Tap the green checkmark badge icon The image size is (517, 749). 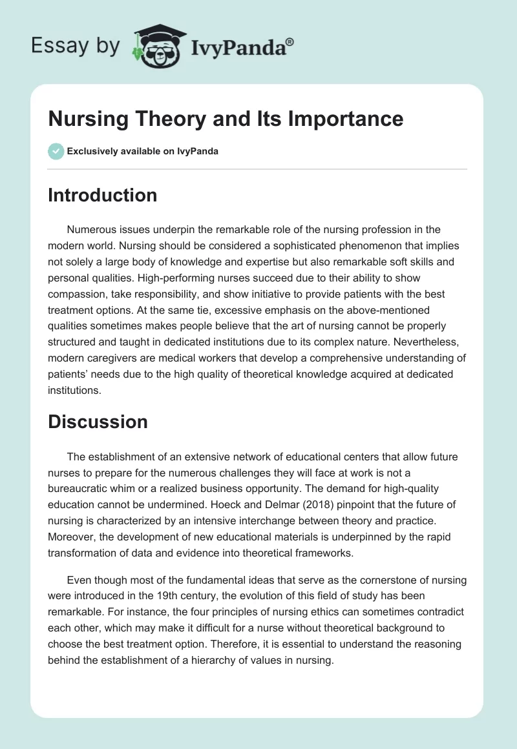[x=56, y=151]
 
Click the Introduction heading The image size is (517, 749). [x=102, y=195]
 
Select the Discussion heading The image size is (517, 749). [x=98, y=422]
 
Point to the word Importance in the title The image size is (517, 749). [x=346, y=119]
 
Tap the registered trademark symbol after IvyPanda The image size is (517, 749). [x=290, y=41]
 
